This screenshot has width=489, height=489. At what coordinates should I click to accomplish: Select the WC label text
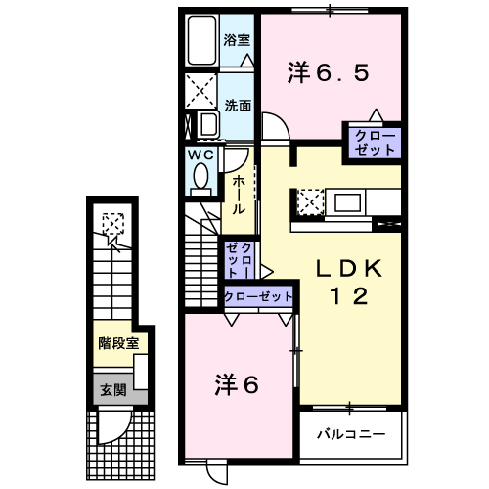click(200, 155)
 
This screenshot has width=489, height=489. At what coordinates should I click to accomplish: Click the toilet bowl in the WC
click(200, 177)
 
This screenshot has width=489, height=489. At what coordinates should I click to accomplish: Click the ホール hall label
click(237, 193)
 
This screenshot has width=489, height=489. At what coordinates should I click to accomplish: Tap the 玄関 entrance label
click(111, 388)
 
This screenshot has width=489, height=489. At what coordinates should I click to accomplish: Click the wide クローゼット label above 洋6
click(259, 296)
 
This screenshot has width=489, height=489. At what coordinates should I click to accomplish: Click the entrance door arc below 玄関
click(111, 424)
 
